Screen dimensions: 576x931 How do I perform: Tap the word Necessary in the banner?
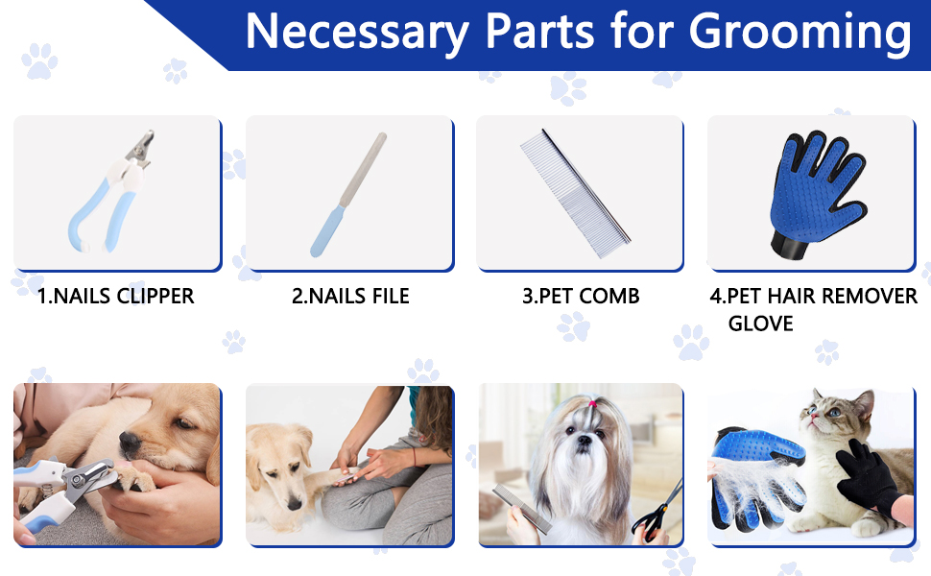point(356,32)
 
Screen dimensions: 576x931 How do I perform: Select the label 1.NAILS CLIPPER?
point(116,296)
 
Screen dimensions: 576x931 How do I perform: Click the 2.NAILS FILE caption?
point(350,296)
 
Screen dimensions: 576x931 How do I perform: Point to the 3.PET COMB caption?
point(581,296)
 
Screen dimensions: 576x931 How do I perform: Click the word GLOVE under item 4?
point(760,324)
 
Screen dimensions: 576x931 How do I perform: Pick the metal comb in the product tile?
point(575,193)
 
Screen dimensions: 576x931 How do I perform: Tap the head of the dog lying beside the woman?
point(280,457)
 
